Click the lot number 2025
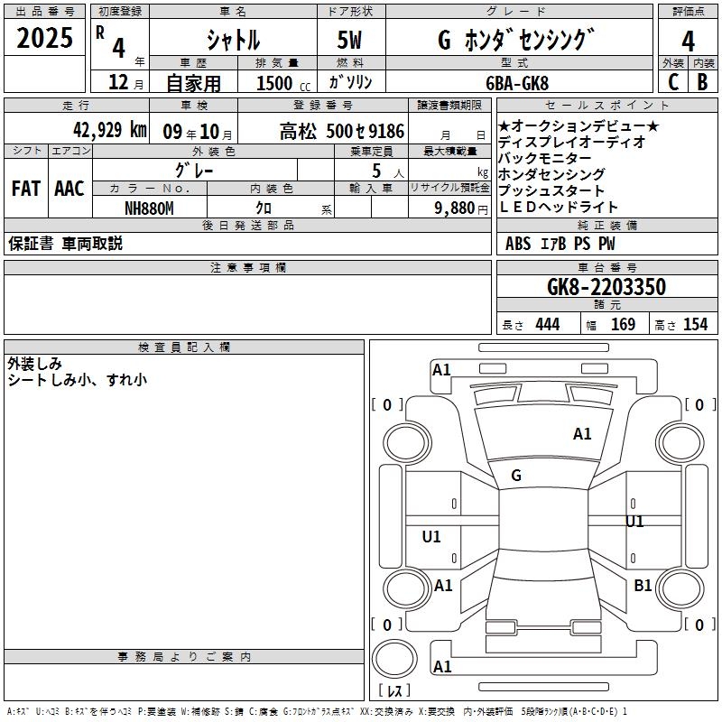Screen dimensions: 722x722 tap(45, 39)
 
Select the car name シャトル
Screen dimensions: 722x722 tap(233, 40)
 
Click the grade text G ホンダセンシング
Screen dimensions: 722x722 tap(515, 40)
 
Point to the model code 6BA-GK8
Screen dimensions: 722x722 tap(515, 82)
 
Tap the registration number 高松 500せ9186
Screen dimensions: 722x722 tap(341, 131)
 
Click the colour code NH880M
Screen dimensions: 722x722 tap(148, 208)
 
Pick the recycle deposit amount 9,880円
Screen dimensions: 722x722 tap(461, 208)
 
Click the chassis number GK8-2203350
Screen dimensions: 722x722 tap(606, 287)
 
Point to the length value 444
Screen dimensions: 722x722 tap(547, 324)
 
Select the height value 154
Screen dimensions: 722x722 tap(695, 324)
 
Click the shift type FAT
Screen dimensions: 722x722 tap(26, 188)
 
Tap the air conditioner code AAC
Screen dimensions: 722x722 tap(69, 188)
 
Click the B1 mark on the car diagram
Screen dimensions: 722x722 tap(643, 586)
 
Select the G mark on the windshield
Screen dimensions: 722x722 tap(516, 475)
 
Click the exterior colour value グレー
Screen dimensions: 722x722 tap(195, 169)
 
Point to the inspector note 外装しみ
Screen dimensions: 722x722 tap(34, 364)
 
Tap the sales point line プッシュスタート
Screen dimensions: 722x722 tap(551, 190)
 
